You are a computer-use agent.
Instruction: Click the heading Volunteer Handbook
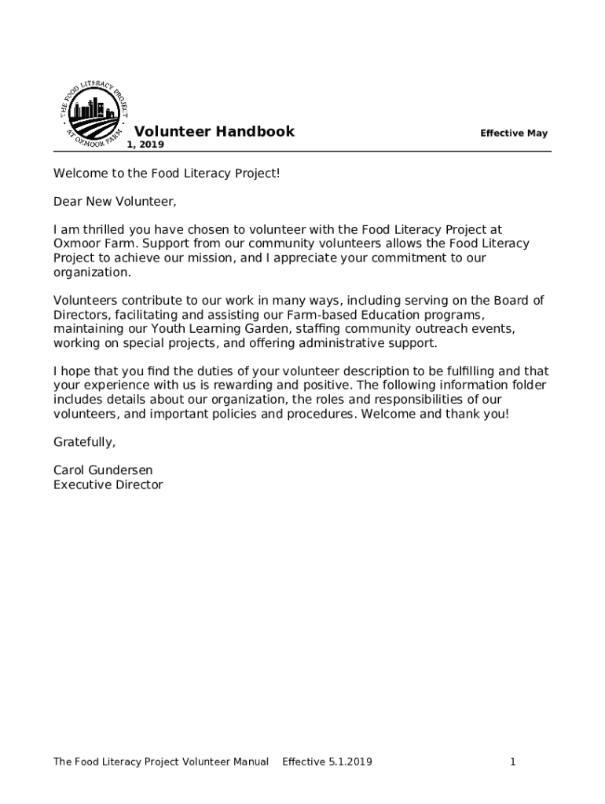pyautogui.click(x=214, y=132)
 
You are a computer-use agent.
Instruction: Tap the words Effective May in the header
pyautogui.click(x=514, y=133)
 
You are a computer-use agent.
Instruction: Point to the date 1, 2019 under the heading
pyautogui.click(x=145, y=145)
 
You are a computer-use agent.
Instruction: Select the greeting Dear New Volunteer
pyautogui.click(x=115, y=202)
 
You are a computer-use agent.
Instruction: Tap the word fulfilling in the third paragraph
pyautogui.click(x=460, y=371)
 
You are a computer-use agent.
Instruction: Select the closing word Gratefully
pyautogui.click(x=84, y=442)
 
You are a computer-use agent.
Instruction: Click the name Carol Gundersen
pyautogui.click(x=103, y=470)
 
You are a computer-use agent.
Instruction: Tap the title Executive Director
pyautogui.click(x=108, y=484)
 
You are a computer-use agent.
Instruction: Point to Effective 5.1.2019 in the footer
pyautogui.click(x=327, y=762)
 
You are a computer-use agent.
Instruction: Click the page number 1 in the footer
pyautogui.click(x=512, y=762)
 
